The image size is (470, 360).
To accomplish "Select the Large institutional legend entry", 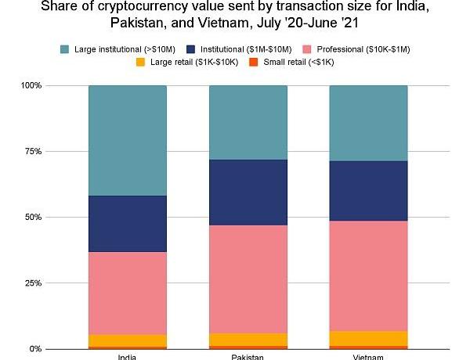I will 110,49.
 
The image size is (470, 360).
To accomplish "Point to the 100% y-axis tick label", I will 32,85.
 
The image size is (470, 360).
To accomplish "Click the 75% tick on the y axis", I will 34,151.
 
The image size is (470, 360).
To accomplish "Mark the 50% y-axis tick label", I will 34,217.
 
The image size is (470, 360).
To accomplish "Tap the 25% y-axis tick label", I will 34,283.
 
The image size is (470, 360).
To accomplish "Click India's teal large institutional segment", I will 128,140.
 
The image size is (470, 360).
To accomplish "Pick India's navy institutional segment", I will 128,223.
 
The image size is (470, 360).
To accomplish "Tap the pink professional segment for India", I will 128,293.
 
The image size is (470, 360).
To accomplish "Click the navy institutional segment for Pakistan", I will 248,192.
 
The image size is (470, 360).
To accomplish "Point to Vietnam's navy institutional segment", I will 368,191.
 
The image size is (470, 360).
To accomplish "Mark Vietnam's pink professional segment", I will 368,275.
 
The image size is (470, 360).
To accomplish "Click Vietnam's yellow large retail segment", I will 368,337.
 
